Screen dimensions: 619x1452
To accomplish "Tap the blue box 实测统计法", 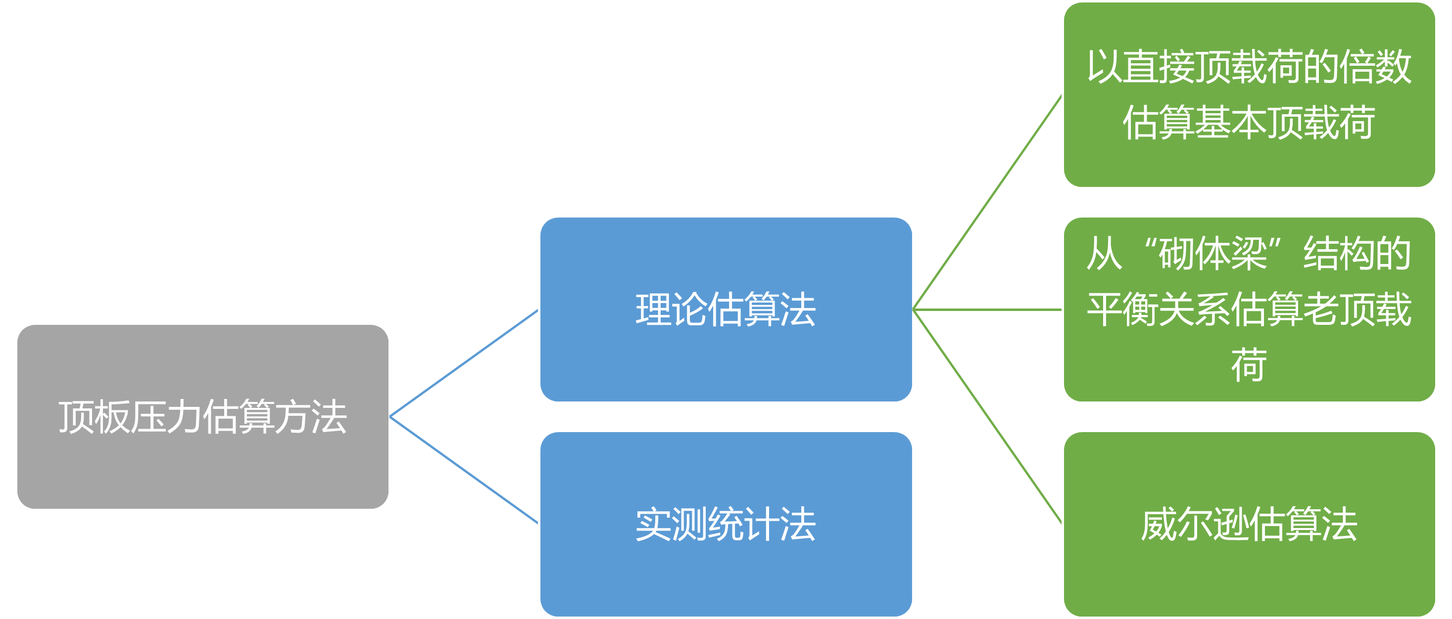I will tap(726, 575).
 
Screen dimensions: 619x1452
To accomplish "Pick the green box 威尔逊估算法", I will tap(1249, 580).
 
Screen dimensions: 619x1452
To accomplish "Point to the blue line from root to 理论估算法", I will tap(464, 363).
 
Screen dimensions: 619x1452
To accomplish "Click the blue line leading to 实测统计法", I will tap(464, 470).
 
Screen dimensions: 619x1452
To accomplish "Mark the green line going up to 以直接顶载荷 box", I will tap(987, 203).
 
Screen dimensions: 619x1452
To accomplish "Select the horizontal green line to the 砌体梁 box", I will tap(987, 309).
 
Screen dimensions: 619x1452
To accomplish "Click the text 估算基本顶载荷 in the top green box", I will tap(1249, 123).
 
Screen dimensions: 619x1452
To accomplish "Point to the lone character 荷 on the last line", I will tap(1249, 365).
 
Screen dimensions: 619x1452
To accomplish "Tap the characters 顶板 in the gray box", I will tap(95, 417).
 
